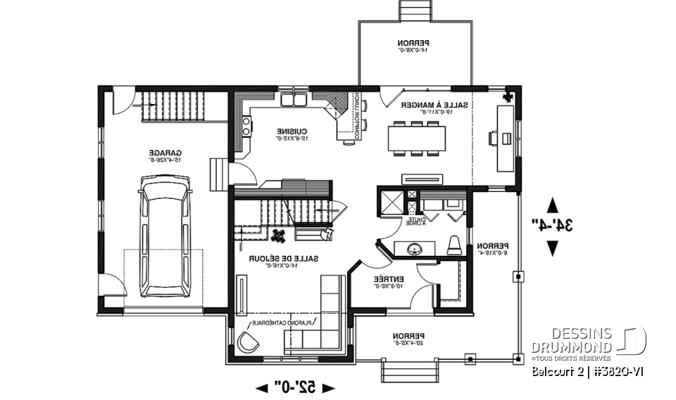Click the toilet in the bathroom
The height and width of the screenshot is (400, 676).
[x=454, y=245]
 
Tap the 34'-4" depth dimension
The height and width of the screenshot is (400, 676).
[x=552, y=226]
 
